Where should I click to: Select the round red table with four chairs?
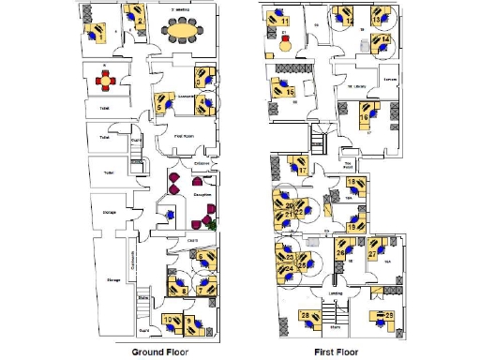(107, 81)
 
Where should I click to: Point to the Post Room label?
(183, 136)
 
